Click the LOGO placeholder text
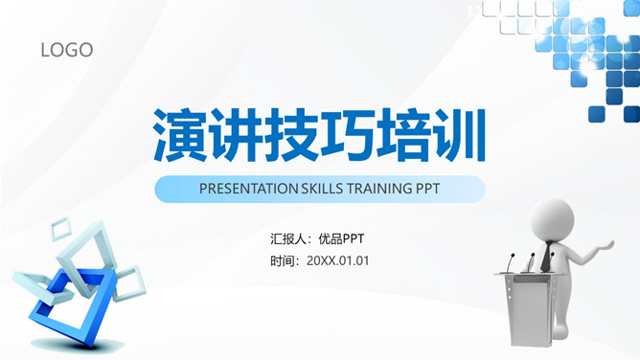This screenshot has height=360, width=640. (x=67, y=50)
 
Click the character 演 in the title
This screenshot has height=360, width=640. (x=181, y=134)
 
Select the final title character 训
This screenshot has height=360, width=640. (x=459, y=134)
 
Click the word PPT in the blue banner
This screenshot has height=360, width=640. (x=428, y=189)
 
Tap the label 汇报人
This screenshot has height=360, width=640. (x=288, y=238)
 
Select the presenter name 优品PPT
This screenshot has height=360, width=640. (x=341, y=238)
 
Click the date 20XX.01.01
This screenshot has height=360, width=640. (x=338, y=260)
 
